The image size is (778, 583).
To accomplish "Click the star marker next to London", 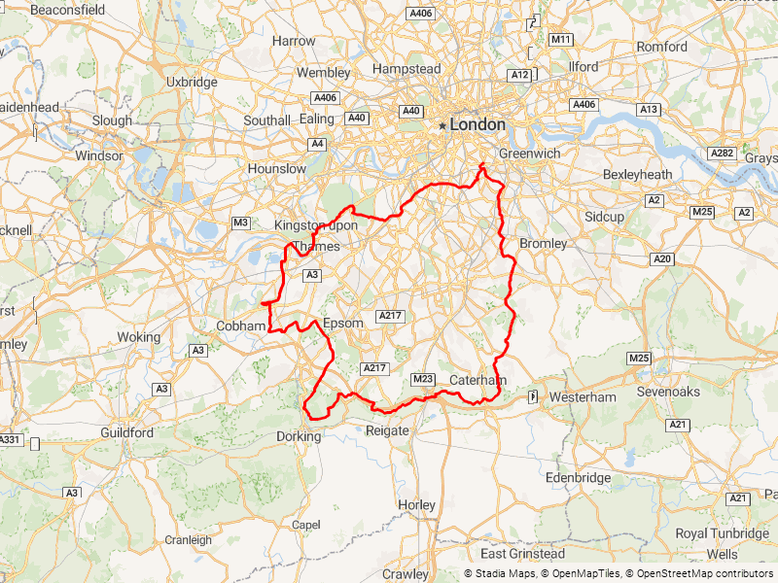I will point(442,125).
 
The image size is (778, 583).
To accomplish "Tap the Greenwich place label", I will point(529,154).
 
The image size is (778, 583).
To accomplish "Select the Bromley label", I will point(544,243).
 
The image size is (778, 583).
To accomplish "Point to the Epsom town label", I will point(342,323).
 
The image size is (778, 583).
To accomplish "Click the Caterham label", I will point(478,380).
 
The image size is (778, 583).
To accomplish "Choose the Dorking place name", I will point(299,436).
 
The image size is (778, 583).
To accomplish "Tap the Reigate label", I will point(386,430).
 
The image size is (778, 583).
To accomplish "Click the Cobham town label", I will point(240,326).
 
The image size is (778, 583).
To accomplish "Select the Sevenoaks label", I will point(668,392).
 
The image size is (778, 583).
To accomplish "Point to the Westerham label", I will point(583,397).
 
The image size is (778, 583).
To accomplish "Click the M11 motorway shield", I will point(561,40).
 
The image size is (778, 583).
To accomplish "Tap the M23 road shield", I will point(423,378).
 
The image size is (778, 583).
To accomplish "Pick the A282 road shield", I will point(723,154).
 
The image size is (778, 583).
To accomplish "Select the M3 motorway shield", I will point(241,223).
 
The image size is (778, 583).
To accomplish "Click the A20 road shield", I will point(663,258).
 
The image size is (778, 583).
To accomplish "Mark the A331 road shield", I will point(9,440).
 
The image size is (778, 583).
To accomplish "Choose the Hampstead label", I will point(407,69).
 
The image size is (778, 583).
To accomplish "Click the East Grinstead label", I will point(522,554).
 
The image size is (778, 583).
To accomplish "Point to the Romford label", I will point(661,47).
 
